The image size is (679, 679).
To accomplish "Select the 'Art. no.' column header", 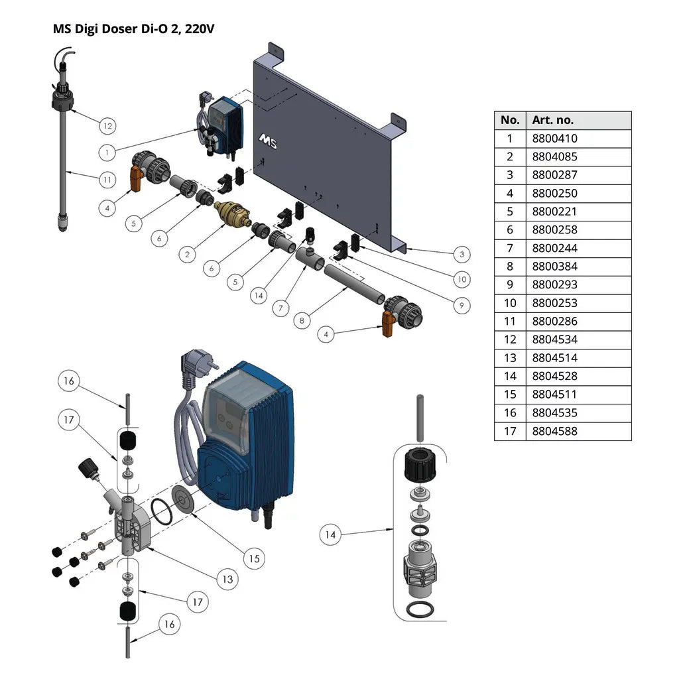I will (552, 120).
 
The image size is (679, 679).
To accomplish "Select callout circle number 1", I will (107, 153).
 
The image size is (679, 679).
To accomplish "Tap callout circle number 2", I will (188, 253).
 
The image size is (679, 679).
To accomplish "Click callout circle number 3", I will (462, 253).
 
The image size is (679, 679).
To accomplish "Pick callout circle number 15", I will (254, 558).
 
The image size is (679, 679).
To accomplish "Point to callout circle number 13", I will (227, 579).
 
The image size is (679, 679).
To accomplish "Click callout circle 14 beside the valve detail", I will (331, 534).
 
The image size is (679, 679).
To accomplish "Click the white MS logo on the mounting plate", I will (267, 140).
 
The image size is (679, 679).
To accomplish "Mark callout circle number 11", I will (107, 178).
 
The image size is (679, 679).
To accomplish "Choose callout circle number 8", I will (302, 320).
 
